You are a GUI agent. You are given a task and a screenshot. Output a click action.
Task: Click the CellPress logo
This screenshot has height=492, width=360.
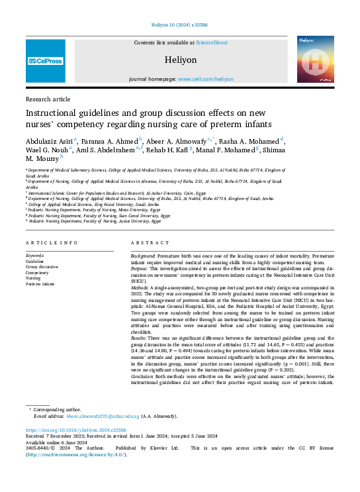(45, 61)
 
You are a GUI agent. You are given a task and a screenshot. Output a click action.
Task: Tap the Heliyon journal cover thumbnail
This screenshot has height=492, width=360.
(315, 60)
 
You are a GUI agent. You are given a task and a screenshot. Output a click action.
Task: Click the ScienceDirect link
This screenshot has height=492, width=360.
(211, 42)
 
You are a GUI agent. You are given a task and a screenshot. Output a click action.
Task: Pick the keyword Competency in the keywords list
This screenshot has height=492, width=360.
(37, 272)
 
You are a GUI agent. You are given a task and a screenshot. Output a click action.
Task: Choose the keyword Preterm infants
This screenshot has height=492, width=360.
(41, 284)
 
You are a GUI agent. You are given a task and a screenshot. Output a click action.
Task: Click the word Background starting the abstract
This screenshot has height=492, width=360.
(143, 255)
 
